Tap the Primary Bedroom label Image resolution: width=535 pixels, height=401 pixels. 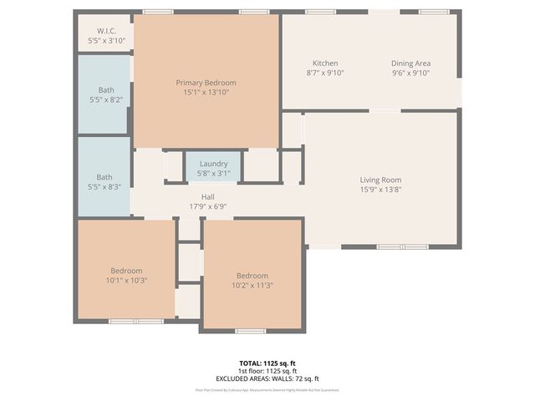pos(206,83)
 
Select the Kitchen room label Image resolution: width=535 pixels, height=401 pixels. pos(325,63)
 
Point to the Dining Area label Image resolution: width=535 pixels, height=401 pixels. pos(411,63)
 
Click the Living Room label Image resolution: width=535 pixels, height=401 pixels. pos(380,180)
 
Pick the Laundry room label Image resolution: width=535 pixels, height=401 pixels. pos(213,164)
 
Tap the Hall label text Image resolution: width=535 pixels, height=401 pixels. pos(208,196)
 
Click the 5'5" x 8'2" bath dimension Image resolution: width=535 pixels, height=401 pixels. pos(105,99)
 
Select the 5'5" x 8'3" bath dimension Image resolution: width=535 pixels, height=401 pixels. pos(104,186)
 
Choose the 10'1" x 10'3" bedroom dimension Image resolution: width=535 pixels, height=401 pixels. pos(127,281)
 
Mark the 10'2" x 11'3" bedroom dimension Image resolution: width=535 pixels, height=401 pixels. pos(252,286)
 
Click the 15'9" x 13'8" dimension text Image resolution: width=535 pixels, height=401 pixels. pos(380,190)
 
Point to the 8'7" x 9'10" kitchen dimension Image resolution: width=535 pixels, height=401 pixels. pos(325,73)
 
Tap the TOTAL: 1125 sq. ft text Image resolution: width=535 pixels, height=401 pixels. pos(267,363)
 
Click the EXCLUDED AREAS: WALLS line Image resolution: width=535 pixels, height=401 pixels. pos(267,378)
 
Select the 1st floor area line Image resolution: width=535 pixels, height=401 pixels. pos(267,371)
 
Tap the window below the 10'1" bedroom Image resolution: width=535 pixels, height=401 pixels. pos(136,321)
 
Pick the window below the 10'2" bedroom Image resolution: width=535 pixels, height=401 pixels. pos(250,331)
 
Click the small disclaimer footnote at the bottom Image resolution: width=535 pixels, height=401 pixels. pos(267,389)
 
